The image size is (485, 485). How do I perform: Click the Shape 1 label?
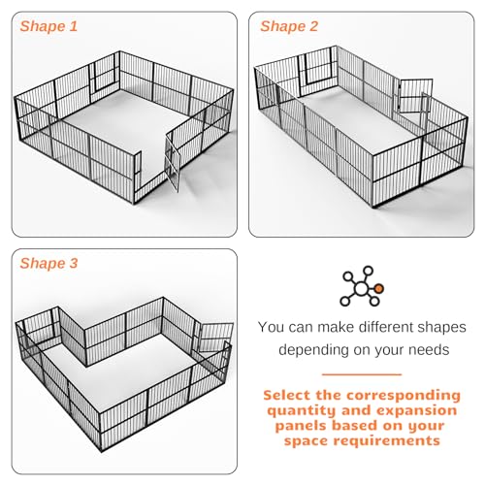point(48,26)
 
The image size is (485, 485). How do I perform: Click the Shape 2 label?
point(289,26)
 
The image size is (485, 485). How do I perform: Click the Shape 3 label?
point(48,263)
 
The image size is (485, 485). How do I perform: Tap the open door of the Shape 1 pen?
point(173,162)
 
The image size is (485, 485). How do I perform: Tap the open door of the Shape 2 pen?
point(415,96)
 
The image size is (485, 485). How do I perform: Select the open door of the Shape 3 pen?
point(215,338)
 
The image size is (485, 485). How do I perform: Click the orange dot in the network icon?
point(379,288)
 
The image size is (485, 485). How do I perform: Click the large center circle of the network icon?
point(361,288)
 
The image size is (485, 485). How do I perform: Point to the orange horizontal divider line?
point(362,374)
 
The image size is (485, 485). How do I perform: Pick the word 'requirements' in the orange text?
point(387,441)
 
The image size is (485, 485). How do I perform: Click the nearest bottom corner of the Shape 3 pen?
point(102,452)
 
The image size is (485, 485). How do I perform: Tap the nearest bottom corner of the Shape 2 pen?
point(373,208)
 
